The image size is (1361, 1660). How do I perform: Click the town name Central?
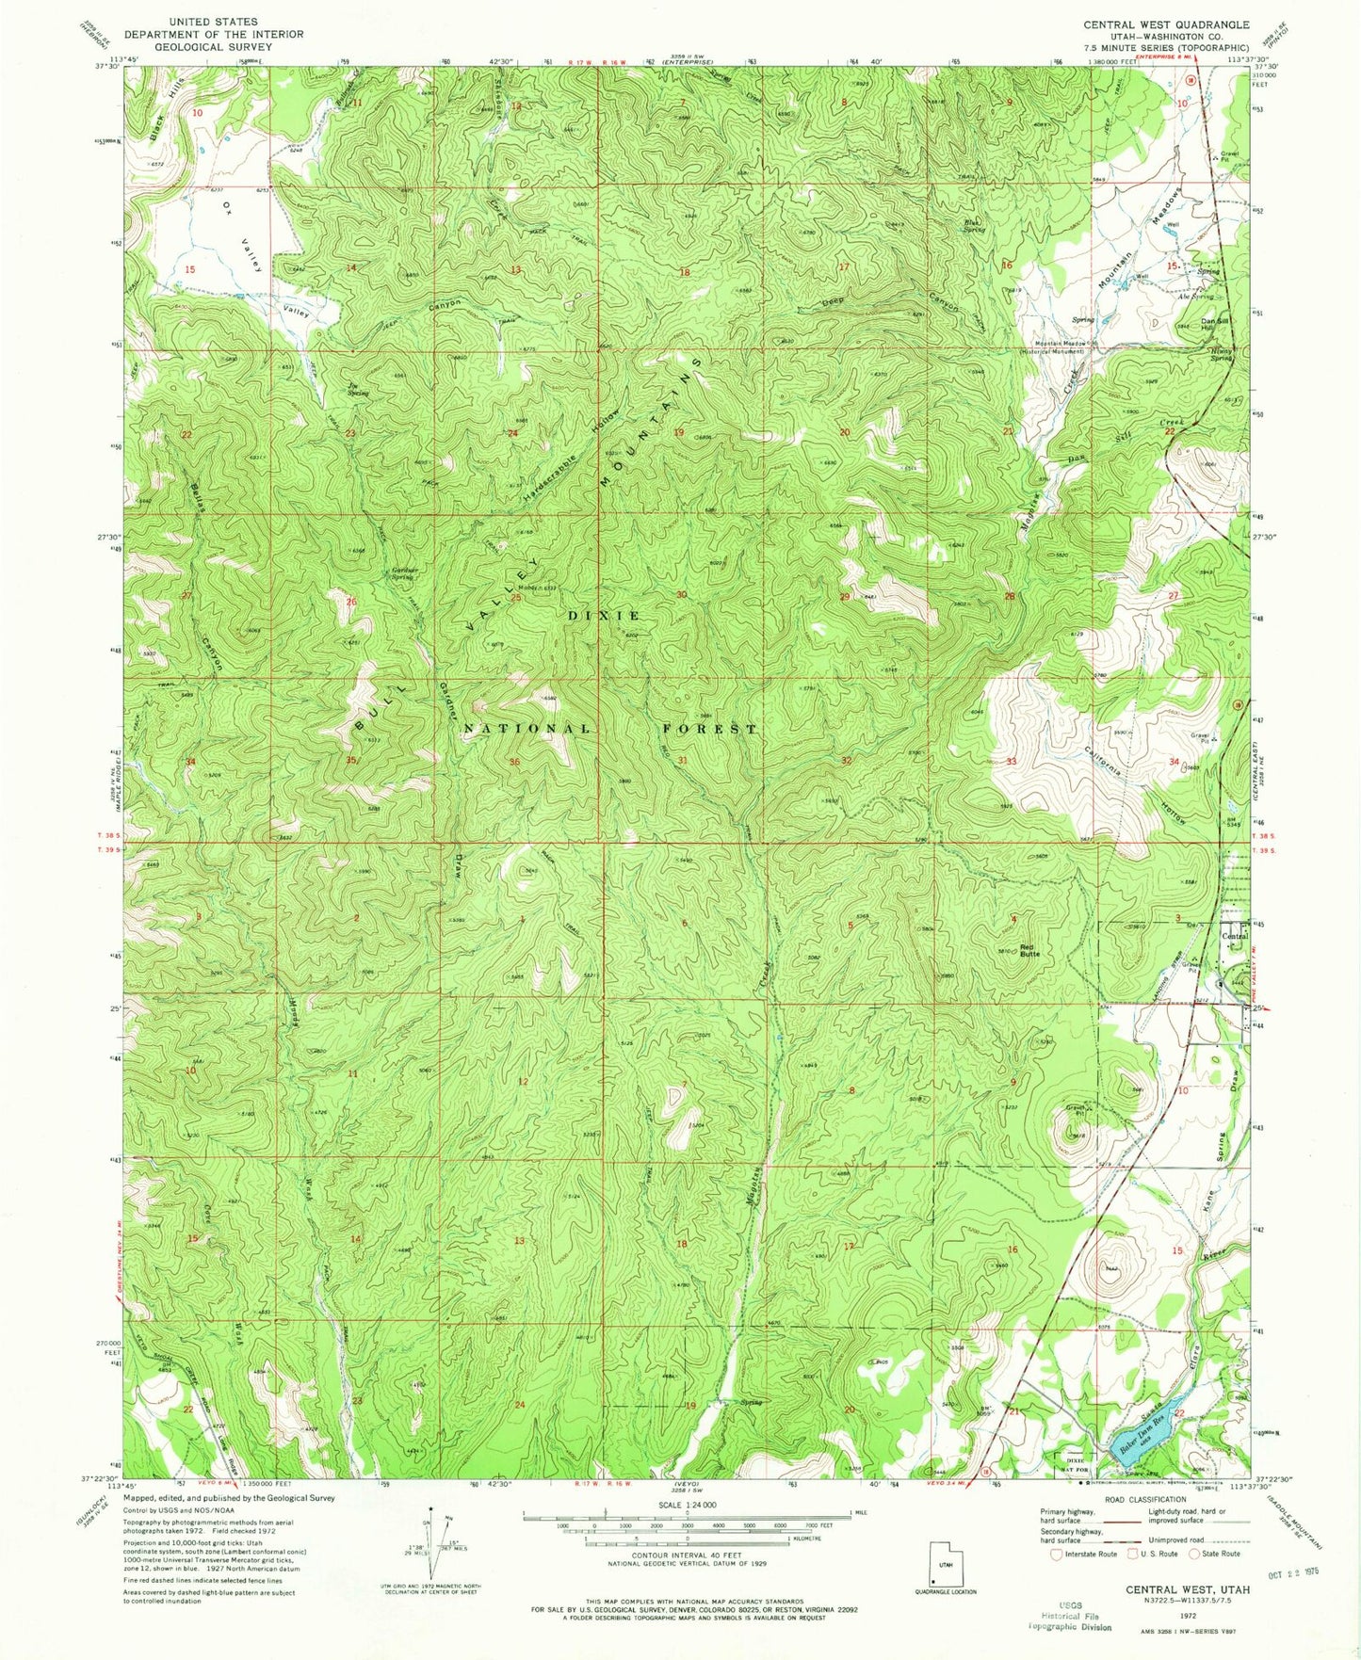[1234, 936]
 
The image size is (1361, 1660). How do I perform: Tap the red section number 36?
[515, 761]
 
